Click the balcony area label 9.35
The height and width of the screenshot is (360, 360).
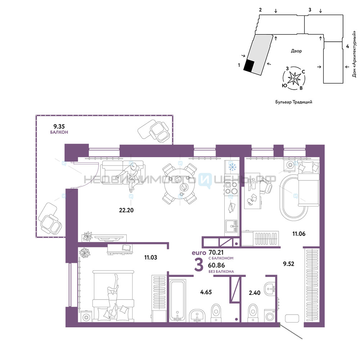(x=59, y=126)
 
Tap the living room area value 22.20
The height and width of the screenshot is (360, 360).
(x=126, y=210)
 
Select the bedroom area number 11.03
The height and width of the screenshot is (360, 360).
(x=150, y=257)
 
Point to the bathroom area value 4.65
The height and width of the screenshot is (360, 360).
(x=206, y=292)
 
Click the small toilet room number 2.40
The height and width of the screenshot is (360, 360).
(x=255, y=293)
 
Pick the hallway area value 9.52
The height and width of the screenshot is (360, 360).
(x=289, y=264)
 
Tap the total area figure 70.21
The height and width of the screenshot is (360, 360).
(x=216, y=253)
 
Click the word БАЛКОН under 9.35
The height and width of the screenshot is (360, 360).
(x=59, y=132)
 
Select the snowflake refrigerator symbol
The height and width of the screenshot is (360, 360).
(x=232, y=167)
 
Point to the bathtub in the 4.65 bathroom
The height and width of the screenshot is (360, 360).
(x=177, y=299)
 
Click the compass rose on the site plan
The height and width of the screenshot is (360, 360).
(x=294, y=78)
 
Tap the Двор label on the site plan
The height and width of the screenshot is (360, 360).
(x=296, y=51)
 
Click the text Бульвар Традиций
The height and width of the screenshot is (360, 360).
(x=294, y=102)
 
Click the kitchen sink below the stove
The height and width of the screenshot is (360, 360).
(x=231, y=226)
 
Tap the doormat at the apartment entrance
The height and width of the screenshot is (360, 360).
(x=292, y=318)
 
